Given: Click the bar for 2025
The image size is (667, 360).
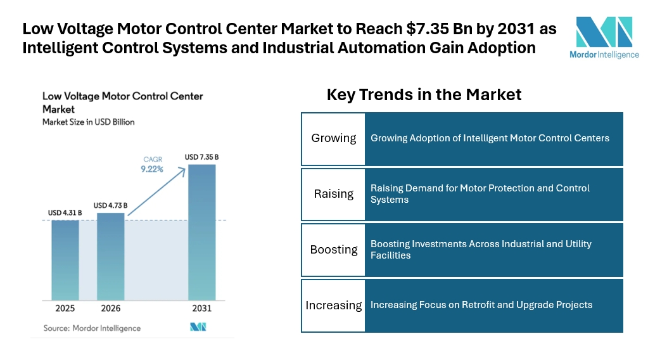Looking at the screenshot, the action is pyautogui.click(x=65, y=260).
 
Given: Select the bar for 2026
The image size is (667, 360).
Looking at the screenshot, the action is pyautogui.click(x=111, y=257).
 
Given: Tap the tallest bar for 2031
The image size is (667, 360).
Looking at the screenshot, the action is pyautogui.click(x=202, y=233).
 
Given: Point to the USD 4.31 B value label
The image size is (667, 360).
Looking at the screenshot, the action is pyautogui.click(x=65, y=212).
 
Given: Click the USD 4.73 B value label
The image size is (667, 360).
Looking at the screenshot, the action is pyautogui.click(x=110, y=205).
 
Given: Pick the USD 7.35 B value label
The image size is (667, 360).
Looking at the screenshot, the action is pyautogui.click(x=201, y=157).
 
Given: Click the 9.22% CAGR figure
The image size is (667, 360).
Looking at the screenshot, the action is pyautogui.click(x=152, y=169).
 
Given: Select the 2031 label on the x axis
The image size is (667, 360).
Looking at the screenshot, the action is pyautogui.click(x=201, y=308).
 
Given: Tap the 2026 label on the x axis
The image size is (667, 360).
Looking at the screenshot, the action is pyautogui.click(x=111, y=308).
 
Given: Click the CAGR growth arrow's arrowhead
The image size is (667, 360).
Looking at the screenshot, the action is pyautogui.click(x=182, y=170).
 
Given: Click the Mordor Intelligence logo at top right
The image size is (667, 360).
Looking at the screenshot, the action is pyautogui.click(x=604, y=37).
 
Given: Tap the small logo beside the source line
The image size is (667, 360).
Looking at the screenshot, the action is pyautogui.click(x=198, y=327).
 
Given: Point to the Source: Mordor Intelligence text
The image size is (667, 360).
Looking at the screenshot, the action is pyautogui.click(x=92, y=328).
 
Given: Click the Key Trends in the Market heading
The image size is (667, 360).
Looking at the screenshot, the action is pyautogui.click(x=424, y=94).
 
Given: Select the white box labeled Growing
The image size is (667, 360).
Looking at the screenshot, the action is pyautogui.click(x=333, y=139).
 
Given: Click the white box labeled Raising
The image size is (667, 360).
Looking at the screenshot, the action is pyautogui.click(x=333, y=195).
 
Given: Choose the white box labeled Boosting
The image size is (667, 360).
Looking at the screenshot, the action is pyautogui.click(x=333, y=250).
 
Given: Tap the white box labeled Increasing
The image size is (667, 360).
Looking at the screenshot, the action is pyautogui.click(x=333, y=305).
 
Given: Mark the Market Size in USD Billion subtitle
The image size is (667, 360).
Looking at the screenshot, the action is pyautogui.click(x=89, y=122).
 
